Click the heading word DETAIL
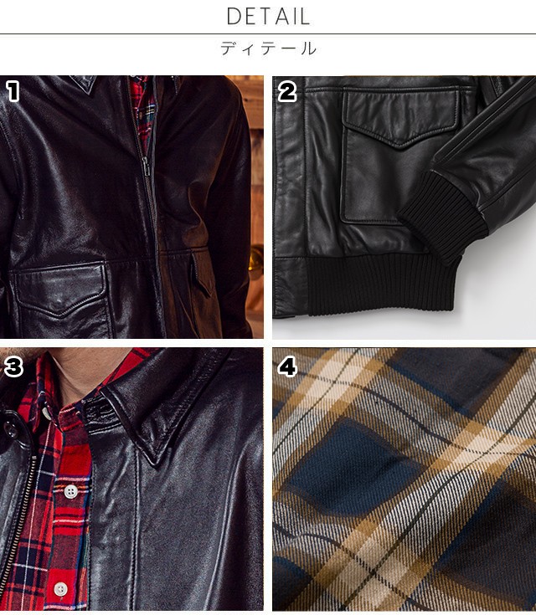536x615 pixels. tap(268, 17)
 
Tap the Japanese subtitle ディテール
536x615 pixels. tap(268, 49)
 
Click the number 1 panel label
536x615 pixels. tap(13, 91)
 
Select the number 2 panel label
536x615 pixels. tap(287, 92)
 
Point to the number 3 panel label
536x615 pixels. tap(13, 367)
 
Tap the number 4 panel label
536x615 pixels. tap(287, 367)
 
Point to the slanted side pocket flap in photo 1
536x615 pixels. tap(201, 274)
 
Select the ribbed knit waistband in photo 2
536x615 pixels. tap(383, 284)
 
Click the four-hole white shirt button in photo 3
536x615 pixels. tap(70, 490)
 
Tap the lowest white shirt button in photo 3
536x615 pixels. tap(60, 588)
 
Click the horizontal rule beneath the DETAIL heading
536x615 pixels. tap(268, 34)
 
